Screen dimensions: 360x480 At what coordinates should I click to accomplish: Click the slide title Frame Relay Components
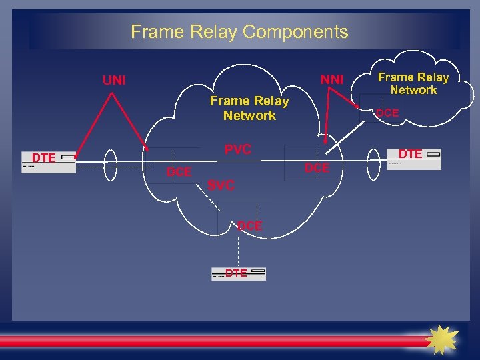coord(239,31)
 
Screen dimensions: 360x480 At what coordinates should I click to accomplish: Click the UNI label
coord(113,81)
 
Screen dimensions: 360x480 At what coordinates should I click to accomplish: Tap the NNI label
coord(331,79)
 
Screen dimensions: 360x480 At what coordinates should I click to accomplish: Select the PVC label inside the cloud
coord(237,149)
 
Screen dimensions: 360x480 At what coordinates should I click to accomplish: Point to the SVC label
coord(221,185)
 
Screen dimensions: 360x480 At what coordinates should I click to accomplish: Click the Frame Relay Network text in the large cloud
coord(249,108)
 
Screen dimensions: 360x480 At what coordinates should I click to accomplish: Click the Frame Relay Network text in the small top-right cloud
coord(413,83)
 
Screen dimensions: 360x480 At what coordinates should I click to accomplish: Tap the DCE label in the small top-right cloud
coord(387,113)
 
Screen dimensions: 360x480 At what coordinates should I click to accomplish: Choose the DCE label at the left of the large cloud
coord(179,172)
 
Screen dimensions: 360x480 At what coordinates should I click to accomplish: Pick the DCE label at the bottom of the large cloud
coord(250,226)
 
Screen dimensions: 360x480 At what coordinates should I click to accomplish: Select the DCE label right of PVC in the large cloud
coord(317,168)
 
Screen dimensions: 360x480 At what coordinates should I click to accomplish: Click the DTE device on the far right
coord(414,158)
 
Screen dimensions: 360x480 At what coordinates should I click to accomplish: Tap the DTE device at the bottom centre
coord(238,273)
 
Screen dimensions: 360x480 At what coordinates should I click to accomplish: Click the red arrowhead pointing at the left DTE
coord(78,153)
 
